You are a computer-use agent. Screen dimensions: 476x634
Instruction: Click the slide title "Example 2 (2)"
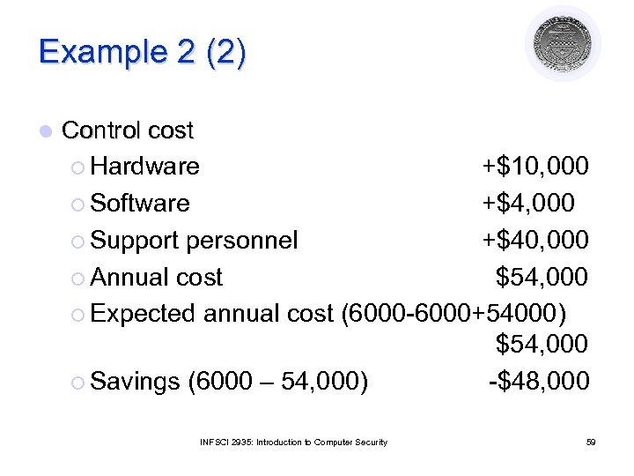pyautogui.click(x=143, y=52)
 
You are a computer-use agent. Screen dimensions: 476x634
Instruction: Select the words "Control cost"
pyautogui.click(x=128, y=130)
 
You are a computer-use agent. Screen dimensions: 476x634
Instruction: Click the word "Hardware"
pyautogui.click(x=145, y=166)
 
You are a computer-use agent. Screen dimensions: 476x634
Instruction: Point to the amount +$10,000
pyautogui.click(x=534, y=166)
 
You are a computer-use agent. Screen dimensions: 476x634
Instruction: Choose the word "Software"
pyautogui.click(x=140, y=203)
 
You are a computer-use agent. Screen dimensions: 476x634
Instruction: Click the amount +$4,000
pyautogui.click(x=527, y=203)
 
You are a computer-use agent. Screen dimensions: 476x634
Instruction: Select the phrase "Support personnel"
pyautogui.click(x=195, y=240)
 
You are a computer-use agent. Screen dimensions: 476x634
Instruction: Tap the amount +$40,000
pyautogui.click(x=534, y=240)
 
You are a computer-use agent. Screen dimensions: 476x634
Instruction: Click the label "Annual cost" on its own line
pyautogui.click(x=157, y=277)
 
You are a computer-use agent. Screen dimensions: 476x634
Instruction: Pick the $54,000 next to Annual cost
pyautogui.click(x=542, y=277)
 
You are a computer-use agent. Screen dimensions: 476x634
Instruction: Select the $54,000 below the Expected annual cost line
pyautogui.click(x=542, y=344)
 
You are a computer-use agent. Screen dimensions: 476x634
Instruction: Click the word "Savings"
pyautogui.click(x=135, y=381)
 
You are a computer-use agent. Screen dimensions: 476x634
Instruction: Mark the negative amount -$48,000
pyautogui.click(x=539, y=381)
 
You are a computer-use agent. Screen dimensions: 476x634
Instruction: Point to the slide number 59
pyautogui.click(x=591, y=442)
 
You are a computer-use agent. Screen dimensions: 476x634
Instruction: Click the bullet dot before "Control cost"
pyautogui.click(x=45, y=131)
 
